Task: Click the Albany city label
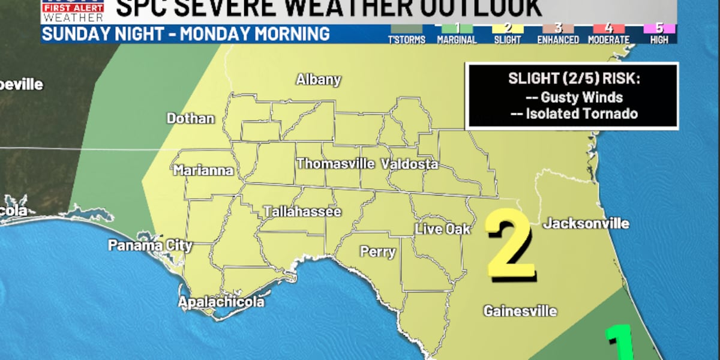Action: click(318, 80)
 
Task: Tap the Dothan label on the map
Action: click(190, 119)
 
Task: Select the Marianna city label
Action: click(203, 171)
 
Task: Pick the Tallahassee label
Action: click(302, 212)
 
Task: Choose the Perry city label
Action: click(377, 252)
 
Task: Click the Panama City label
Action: click(150, 245)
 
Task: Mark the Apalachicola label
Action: click(221, 302)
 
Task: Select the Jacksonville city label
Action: click(586, 224)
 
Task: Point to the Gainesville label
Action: click(520, 311)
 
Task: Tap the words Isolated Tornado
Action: click(581, 113)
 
